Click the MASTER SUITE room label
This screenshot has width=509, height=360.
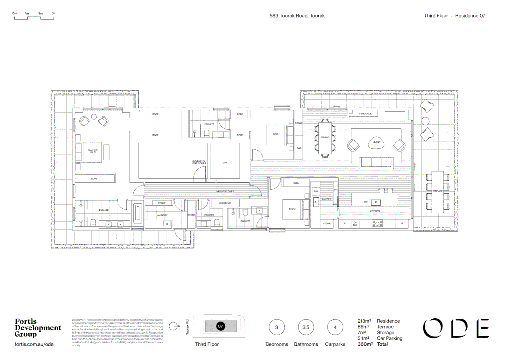(x=93, y=151)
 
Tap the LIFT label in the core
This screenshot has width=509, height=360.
(x=225, y=163)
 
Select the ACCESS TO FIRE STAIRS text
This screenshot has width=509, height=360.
(x=199, y=162)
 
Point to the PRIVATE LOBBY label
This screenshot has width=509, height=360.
(x=225, y=191)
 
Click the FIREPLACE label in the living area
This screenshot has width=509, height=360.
(x=365, y=114)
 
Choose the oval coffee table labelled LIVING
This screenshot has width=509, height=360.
(x=376, y=142)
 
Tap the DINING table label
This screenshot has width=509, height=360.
(x=325, y=137)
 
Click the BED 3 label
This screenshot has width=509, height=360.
(x=292, y=209)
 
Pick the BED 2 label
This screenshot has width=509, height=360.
(x=276, y=134)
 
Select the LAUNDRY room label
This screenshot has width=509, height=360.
(x=162, y=215)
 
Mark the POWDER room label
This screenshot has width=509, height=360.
(x=209, y=215)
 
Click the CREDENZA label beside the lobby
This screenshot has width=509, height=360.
(x=225, y=203)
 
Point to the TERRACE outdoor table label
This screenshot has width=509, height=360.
(x=437, y=191)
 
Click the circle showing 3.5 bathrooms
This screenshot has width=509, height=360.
(x=306, y=327)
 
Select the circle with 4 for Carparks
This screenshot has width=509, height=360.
(x=335, y=327)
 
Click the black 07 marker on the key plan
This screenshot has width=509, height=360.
(x=220, y=326)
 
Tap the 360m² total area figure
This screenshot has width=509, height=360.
(x=365, y=344)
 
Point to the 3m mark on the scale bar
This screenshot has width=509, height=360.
(x=54, y=14)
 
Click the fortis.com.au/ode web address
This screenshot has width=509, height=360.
(x=34, y=344)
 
